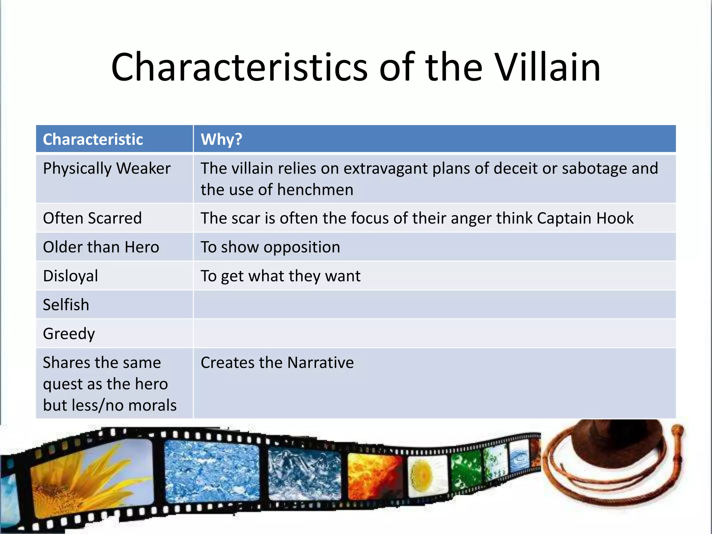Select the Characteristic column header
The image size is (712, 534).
(93, 139)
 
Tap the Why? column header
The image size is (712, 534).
(221, 139)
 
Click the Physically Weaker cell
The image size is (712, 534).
(107, 169)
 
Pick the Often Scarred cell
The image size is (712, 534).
(92, 218)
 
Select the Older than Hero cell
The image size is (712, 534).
(101, 247)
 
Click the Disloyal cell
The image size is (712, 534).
(71, 276)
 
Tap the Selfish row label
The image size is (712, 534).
(66, 305)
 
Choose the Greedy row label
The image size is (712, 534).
(69, 334)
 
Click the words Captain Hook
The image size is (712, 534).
(585, 218)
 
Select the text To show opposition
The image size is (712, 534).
(270, 247)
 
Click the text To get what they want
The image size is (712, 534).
(280, 276)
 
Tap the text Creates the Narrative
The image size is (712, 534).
(277, 363)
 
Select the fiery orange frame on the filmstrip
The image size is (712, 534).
(374, 476)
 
